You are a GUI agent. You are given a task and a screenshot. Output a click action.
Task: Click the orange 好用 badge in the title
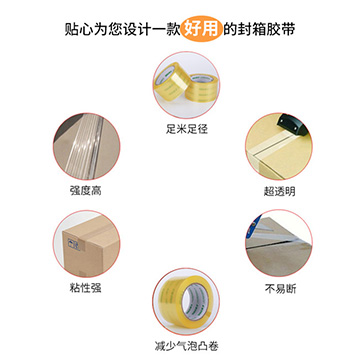pos(202,30)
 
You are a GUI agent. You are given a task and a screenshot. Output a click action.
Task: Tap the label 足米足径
pos(187,129)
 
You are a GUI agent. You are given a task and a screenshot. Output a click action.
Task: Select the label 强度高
pos(86,191)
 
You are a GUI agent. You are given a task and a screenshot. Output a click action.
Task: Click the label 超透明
pos(279,191)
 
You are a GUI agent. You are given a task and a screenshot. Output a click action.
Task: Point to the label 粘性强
pos(86,288)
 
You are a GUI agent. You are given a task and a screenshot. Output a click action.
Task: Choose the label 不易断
pos(280,288)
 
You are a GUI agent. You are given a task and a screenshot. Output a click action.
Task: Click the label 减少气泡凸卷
pos(187,346)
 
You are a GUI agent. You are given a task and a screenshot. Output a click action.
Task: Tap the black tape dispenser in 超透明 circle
pos(293,123)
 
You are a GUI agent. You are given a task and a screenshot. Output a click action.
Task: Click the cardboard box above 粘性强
pos(90,247)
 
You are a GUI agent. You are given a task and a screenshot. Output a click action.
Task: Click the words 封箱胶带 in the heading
pos(266,30)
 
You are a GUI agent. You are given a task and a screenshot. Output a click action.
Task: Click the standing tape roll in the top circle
pos(169,81)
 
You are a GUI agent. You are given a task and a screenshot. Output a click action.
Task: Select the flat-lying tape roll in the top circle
pos(201,88)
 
